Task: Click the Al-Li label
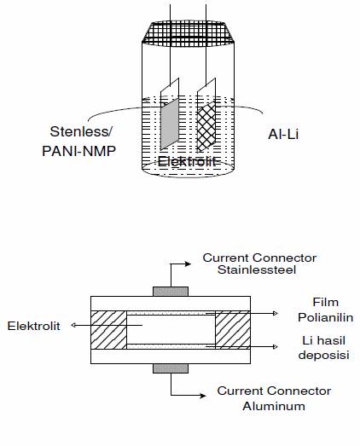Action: coord(283,134)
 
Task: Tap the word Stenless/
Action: coord(81,131)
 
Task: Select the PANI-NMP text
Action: coord(78,151)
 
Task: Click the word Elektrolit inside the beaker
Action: coord(187,161)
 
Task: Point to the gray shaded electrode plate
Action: coord(170,124)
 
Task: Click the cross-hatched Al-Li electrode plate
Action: coord(206,126)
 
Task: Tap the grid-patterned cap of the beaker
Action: coord(188,33)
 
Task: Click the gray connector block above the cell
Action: coord(171,292)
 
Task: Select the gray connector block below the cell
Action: coord(171,368)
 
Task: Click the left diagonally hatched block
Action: coord(108,330)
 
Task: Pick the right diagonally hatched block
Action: coord(233,330)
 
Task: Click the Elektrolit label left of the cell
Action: coord(34,326)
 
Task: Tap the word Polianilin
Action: coord(326,317)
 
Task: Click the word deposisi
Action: coord(324,356)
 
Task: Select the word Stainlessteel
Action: coord(257,269)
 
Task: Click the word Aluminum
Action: coord(274,406)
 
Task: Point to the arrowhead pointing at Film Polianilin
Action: coord(276,314)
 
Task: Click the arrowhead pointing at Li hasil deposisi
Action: coord(276,346)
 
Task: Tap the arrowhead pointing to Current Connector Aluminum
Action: coord(203,396)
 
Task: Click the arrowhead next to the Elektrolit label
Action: coord(73,325)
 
